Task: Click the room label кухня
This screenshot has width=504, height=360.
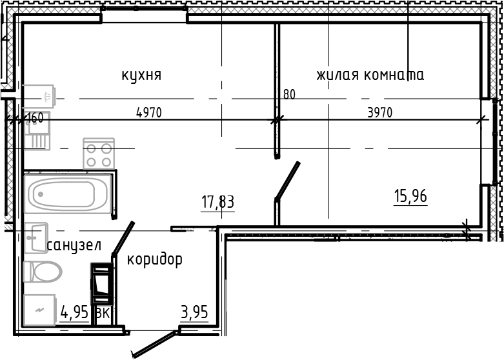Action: coord(141,75)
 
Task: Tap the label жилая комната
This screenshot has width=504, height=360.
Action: coord(370,75)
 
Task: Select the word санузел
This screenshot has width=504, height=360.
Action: coord(74,245)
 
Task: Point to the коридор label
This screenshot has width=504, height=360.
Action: coord(154,259)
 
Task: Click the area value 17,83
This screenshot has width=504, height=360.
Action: coord(217,203)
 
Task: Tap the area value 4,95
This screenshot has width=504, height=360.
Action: coord(74,314)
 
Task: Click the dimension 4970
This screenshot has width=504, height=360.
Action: coord(148,113)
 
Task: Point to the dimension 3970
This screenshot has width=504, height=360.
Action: coord(379,113)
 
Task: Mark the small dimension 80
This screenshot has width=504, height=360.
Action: coord(289,95)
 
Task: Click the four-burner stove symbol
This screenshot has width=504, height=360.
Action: coord(99,154)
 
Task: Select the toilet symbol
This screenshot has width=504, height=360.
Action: coord(42,272)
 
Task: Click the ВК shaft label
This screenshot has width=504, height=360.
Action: coord(102,314)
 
